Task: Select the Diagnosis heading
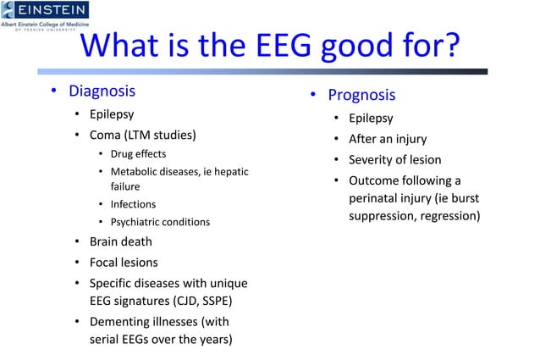click(102, 91)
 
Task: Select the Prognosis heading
click(361, 94)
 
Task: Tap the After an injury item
click(388, 139)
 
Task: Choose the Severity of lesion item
click(395, 159)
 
